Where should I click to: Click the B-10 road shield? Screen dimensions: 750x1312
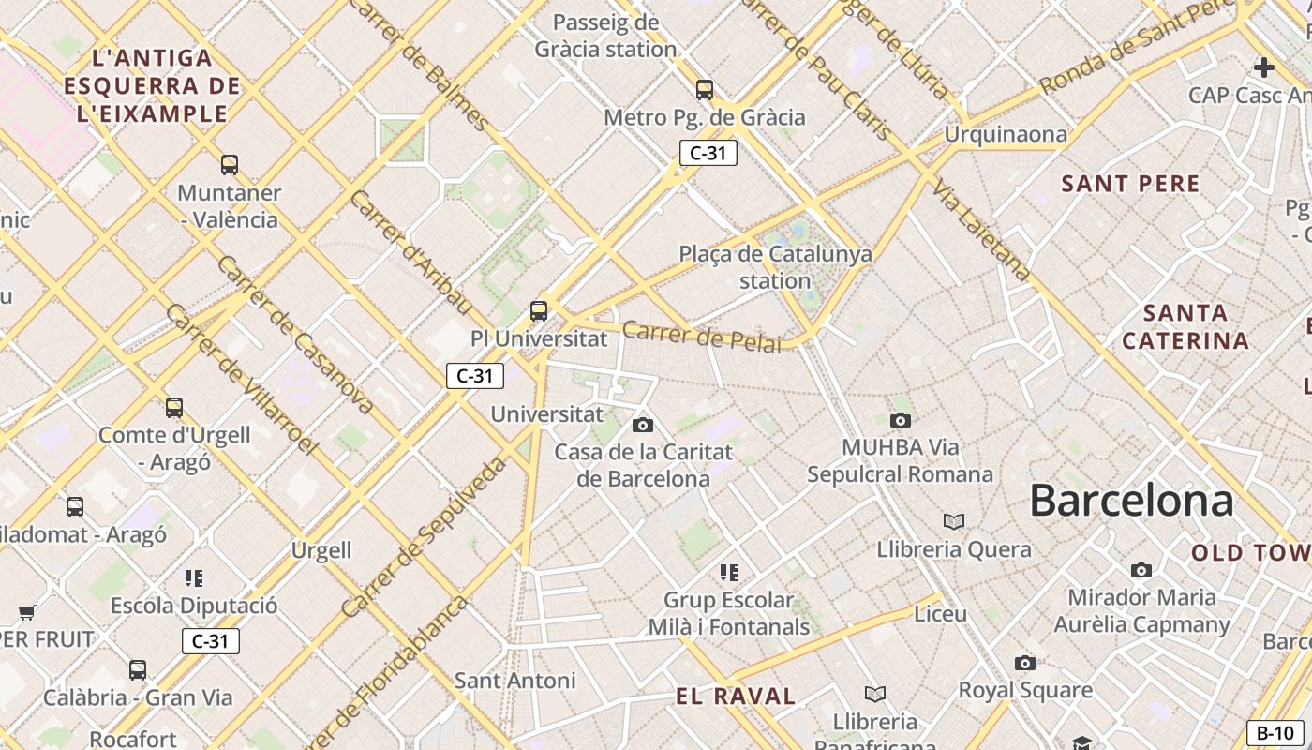1275,733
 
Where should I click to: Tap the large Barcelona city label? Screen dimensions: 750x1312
1131,501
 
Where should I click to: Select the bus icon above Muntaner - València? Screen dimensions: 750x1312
230,165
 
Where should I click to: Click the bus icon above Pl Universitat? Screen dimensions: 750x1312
539,310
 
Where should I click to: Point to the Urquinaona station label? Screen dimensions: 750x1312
1005,134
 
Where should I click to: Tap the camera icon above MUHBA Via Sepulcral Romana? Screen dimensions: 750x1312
901,420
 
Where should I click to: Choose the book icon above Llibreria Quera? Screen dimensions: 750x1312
954,521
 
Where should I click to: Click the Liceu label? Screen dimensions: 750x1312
940,614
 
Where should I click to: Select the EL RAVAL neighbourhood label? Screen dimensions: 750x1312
736,697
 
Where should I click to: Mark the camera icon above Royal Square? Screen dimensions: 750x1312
1025,664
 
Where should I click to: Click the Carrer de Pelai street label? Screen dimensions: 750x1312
701,337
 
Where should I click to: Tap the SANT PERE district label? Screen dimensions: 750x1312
1130,184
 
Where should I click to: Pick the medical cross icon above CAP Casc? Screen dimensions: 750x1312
1264,67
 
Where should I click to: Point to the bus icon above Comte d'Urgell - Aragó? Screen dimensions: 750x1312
174,408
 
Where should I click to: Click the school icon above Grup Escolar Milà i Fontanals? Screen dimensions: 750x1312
729,572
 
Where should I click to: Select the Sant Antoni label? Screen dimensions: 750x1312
514,680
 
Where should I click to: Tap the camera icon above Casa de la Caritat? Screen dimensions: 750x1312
643,425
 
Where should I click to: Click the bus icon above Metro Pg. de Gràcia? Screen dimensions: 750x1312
705,90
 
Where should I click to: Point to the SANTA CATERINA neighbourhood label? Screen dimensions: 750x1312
1185,326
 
